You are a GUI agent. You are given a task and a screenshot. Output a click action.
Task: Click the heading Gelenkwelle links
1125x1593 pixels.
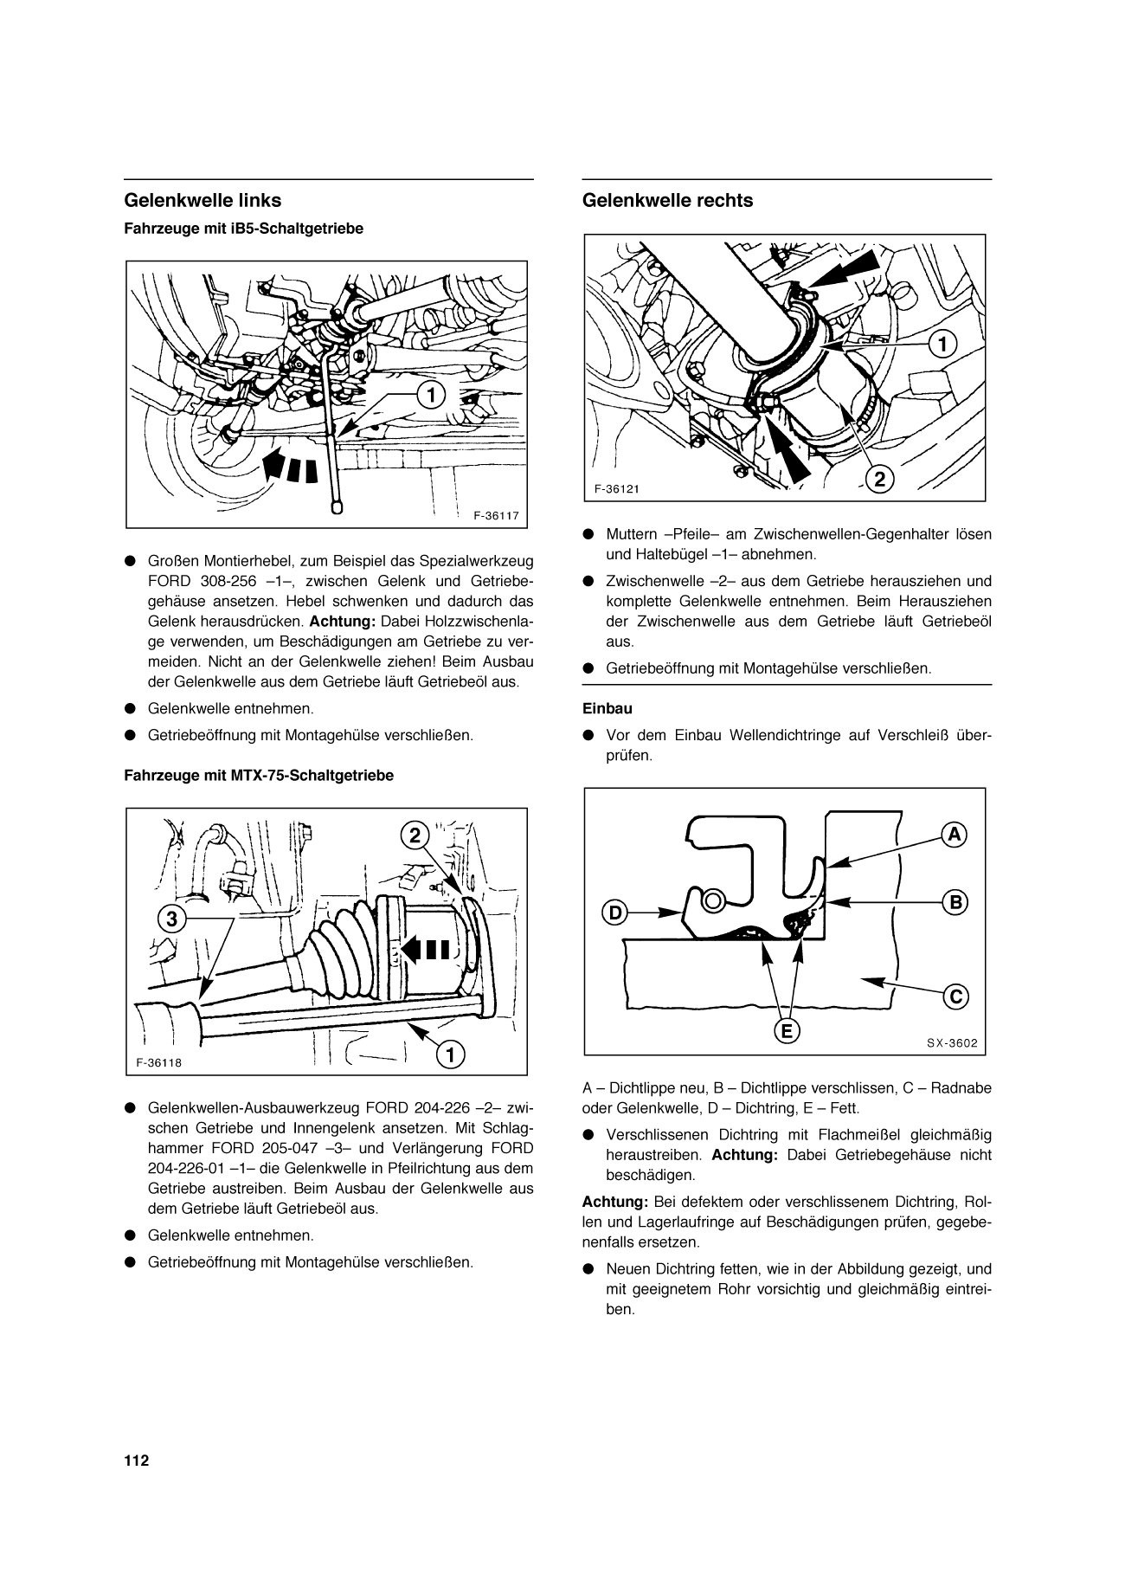click(203, 201)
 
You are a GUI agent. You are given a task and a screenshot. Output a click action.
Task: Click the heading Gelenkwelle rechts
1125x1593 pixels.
click(667, 201)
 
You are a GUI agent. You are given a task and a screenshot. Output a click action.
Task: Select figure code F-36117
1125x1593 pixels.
click(496, 514)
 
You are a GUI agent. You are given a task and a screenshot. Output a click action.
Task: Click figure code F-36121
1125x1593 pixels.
click(617, 488)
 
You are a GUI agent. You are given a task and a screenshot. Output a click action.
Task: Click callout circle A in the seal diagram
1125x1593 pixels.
click(954, 835)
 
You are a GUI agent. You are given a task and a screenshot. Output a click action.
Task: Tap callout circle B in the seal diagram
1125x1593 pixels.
click(955, 902)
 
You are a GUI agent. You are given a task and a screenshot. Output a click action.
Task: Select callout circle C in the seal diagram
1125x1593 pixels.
click(955, 996)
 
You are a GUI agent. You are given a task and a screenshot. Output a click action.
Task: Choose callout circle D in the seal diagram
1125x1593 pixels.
click(614, 912)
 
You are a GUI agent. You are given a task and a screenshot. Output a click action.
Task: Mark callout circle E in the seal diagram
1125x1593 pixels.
click(787, 1030)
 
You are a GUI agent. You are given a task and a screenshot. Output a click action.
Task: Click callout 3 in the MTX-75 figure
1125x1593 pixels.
click(172, 919)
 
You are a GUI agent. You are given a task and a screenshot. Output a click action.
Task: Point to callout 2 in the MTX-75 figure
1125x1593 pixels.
click(415, 835)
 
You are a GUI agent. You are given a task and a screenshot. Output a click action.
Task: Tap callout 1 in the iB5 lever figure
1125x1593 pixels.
click(428, 395)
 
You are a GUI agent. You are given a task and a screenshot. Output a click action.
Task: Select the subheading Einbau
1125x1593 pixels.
click(607, 708)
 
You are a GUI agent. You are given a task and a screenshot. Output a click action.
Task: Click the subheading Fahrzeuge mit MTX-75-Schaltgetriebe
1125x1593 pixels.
click(259, 776)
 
